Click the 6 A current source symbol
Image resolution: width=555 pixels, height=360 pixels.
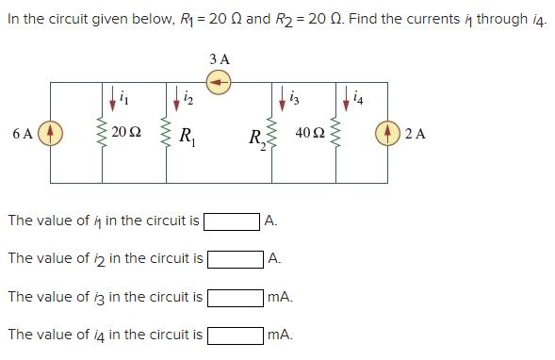[x=52, y=133]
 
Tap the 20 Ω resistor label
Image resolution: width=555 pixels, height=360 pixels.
[x=124, y=133]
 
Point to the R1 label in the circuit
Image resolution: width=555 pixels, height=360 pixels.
[x=186, y=134]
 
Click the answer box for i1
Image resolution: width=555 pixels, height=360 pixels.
[x=233, y=221]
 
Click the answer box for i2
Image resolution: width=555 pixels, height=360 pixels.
[x=235, y=258]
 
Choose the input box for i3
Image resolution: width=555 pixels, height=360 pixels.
[x=235, y=297]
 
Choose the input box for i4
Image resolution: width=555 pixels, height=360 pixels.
[x=235, y=334]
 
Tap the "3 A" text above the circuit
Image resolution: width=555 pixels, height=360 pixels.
[x=220, y=58]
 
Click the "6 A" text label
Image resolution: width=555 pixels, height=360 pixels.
[x=24, y=133]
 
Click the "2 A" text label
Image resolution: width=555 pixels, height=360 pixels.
[x=417, y=133]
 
